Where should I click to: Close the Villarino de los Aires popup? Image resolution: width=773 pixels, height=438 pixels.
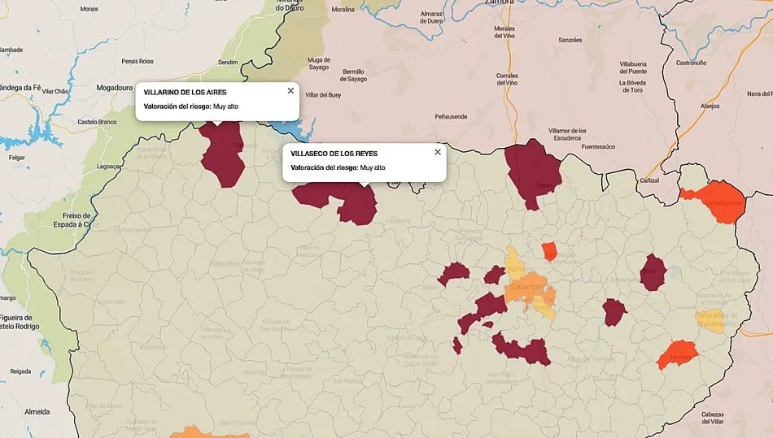(x=290, y=91)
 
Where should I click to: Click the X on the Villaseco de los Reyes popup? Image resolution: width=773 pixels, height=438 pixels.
(x=438, y=152)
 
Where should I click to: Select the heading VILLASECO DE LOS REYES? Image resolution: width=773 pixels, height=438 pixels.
(x=334, y=154)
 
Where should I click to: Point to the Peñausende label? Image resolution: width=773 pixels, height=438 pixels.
(x=451, y=116)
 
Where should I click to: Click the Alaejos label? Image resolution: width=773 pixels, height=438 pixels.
(x=710, y=106)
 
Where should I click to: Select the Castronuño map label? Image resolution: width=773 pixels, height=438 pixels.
(x=692, y=63)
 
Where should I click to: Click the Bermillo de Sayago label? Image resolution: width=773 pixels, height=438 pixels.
(x=354, y=76)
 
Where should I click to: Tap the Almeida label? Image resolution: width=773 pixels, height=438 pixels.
(x=37, y=411)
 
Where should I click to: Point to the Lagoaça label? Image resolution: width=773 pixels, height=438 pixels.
(x=108, y=166)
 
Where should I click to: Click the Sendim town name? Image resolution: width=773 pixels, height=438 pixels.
(x=228, y=63)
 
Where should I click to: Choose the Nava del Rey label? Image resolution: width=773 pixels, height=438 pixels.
(x=753, y=94)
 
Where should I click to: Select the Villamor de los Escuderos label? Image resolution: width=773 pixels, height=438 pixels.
(x=567, y=134)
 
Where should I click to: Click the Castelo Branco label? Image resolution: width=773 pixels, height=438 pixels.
(x=98, y=122)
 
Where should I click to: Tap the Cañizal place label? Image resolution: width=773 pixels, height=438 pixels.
(x=649, y=180)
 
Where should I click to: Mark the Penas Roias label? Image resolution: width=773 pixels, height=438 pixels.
(x=137, y=61)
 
